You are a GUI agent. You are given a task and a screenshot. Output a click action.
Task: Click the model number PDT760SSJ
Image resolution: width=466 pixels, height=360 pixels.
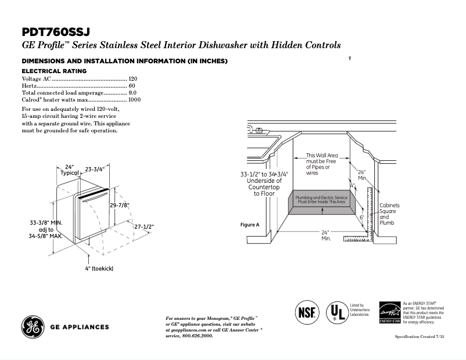(56, 33)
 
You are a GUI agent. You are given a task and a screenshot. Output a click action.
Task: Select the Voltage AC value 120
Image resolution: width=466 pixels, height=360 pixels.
(132, 78)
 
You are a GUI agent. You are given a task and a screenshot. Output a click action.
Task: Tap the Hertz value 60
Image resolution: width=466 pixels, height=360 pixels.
(132, 85)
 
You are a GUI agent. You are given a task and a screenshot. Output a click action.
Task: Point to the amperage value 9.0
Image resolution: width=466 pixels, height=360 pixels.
(132, 93)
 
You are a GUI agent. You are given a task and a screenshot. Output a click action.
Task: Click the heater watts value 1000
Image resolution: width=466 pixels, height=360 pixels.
(134, 100)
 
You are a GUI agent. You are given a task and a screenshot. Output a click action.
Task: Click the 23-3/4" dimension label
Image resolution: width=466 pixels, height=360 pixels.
(94, 170)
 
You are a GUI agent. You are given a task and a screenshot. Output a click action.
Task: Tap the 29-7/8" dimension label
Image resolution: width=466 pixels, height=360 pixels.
(119, 205)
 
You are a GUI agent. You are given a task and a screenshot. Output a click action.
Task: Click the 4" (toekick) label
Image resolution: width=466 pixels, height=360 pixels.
(98, 268)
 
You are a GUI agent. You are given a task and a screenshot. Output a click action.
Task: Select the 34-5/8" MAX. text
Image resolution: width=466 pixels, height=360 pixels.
(46, 236)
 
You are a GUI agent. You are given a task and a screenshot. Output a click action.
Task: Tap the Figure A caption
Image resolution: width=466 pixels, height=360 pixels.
(249, 225)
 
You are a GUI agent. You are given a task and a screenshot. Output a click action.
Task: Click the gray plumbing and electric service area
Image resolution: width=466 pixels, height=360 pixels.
(322, 201)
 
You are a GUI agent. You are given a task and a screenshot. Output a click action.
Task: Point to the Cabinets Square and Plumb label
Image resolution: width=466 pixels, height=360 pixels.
(389, 214)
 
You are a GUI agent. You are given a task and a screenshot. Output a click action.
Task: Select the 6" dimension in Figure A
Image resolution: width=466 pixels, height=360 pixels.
(361, 217)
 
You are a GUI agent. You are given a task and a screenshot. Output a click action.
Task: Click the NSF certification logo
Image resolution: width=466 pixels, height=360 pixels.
(307, 312)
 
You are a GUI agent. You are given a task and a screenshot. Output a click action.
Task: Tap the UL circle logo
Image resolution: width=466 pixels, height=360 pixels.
(335, 312)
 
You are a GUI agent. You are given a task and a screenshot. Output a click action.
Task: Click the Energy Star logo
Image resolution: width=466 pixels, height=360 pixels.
(390, 312)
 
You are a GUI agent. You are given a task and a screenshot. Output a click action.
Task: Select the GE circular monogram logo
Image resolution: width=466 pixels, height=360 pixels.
(32, 326)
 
